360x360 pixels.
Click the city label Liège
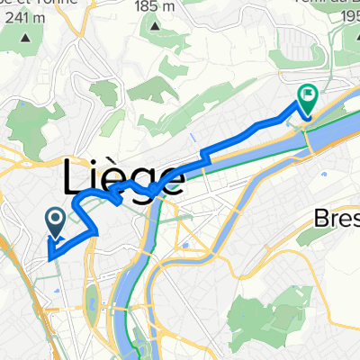pos(125,177)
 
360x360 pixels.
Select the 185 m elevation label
pos(154,7)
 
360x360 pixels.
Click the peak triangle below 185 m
pos(154,26)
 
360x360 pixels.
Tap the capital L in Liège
pos(76,177)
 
